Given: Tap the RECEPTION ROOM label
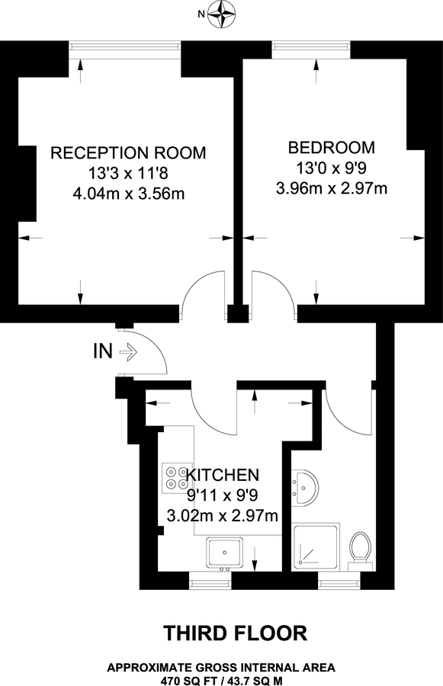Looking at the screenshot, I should point(128,152).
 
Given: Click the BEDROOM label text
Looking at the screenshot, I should point(331,147).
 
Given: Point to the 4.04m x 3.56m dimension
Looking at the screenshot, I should point(128,194).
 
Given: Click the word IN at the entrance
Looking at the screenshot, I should point(104,351).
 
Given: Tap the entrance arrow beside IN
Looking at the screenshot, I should point(128,351).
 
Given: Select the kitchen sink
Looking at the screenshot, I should point(226,553).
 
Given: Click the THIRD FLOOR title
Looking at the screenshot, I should point(236,632).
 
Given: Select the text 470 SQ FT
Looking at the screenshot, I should point(189,679).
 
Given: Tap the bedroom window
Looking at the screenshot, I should point(312,47).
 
